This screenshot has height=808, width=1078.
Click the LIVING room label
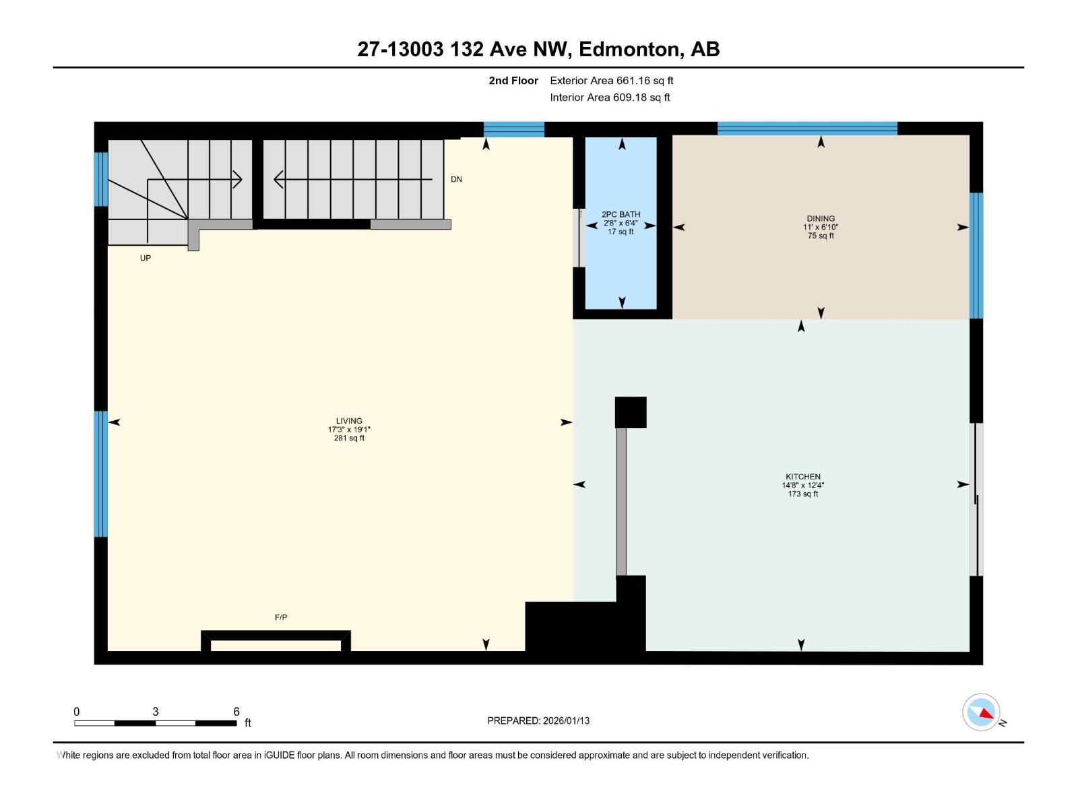[349, 421]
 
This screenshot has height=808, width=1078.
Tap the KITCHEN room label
[802, 477]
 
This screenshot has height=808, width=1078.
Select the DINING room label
[820, 219]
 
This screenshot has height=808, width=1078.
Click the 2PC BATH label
[621, 215]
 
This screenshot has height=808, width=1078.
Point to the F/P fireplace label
[281, 617]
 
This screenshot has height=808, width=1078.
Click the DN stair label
[456, 180]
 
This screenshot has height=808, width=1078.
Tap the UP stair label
[146, 259]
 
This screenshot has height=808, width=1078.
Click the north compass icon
[981, 712]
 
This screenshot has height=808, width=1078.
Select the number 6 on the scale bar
[236, 712]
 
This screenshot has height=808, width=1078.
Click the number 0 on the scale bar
[77, 712]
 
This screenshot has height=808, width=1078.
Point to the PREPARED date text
[538, 720]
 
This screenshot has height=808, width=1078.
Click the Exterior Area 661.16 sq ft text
[611, 81]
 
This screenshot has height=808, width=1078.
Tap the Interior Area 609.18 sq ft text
[610, 98]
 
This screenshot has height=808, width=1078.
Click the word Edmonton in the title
[629, 49]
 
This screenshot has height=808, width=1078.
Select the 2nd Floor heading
[513, 81]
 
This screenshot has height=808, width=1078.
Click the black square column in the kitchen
[631, 412]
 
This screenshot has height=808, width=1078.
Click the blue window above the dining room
[806, 129]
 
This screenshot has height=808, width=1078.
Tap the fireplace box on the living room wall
[276, 642]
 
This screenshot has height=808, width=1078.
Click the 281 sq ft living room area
[349, 438]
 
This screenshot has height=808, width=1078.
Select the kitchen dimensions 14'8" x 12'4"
[802, 485]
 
